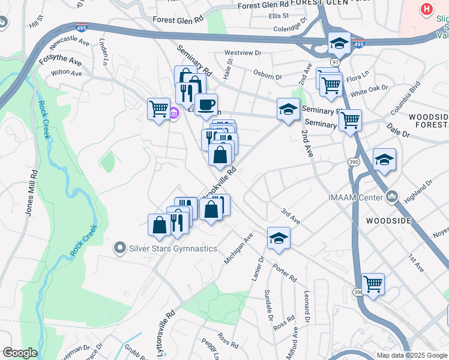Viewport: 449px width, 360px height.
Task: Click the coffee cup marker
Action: (x=206, y=105)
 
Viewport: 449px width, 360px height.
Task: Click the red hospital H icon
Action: (x=427, y=10)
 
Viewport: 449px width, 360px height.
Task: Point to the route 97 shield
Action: (x=334, y=62)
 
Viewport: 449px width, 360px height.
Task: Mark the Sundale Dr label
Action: (x=268, y=307)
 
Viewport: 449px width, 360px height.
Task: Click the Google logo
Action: (x=20, y=353)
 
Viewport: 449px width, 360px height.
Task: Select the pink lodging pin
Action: (x=174, y=113)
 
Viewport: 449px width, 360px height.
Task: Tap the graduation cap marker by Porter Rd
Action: (x=279, y=238)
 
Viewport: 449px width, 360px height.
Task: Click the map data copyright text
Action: (x=411, y=355)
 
